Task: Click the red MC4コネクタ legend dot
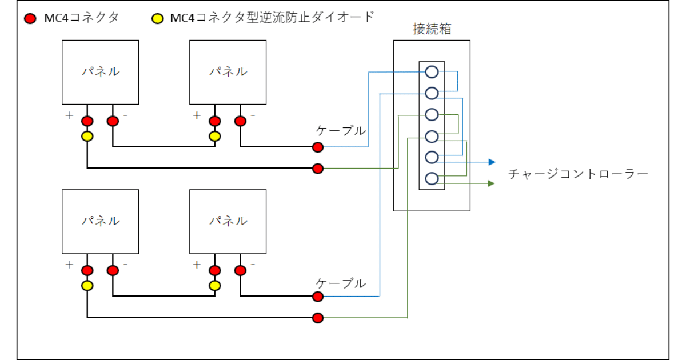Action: point(30,18)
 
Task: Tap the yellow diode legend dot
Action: point(156,18)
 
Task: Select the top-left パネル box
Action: point(100,72)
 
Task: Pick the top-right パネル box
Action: point(228,72)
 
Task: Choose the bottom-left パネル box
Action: point(100,221)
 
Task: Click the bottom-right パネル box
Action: point(228,221)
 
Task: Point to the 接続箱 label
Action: point(432,29)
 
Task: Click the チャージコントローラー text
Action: point(579,174)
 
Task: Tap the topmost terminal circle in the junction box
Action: point(432,72)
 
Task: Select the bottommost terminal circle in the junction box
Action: point(432,178)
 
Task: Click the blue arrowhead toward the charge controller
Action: point(492,162)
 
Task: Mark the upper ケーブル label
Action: point(341,131)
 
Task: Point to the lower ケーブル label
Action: point(341,283)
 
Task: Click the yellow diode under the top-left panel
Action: point(87,137)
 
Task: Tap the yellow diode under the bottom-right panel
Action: point(215,285)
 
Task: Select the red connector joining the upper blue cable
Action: point(318,147)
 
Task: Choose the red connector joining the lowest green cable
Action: point(318,318)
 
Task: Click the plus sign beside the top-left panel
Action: point(69,115)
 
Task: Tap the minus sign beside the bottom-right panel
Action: point(252,265)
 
